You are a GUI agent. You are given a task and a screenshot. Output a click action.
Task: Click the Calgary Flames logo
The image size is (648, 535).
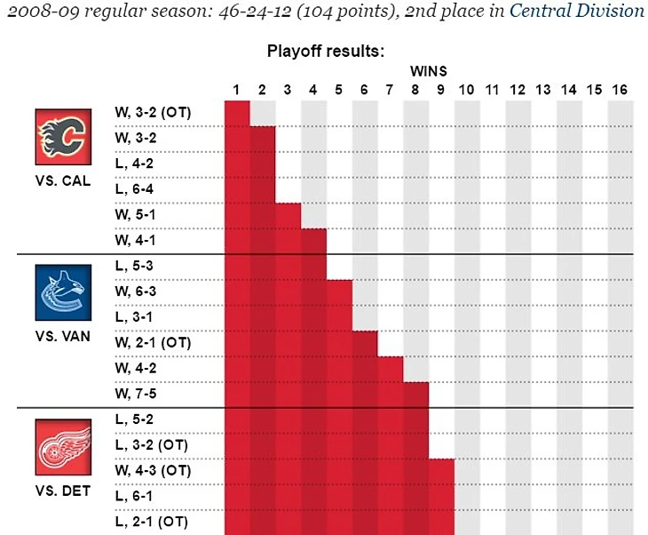59,136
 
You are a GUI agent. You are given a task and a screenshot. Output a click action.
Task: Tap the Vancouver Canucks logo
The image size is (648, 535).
59,292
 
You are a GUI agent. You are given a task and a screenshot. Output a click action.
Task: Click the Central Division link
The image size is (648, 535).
577,12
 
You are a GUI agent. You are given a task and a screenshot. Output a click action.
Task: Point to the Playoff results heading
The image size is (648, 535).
326,51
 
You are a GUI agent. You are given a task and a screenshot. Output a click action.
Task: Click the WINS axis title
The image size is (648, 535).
429,70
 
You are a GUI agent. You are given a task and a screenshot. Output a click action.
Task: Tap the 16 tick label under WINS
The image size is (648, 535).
620,90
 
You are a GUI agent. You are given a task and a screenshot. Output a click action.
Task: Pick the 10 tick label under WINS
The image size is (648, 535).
466,90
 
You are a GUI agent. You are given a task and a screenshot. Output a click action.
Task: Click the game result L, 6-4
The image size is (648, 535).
141,189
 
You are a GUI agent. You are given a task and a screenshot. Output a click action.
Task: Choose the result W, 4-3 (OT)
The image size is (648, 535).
153,470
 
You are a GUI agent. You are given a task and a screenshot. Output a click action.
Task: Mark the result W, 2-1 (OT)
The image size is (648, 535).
153,342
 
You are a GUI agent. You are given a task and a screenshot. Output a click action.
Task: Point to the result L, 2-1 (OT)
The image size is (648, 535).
153,522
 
